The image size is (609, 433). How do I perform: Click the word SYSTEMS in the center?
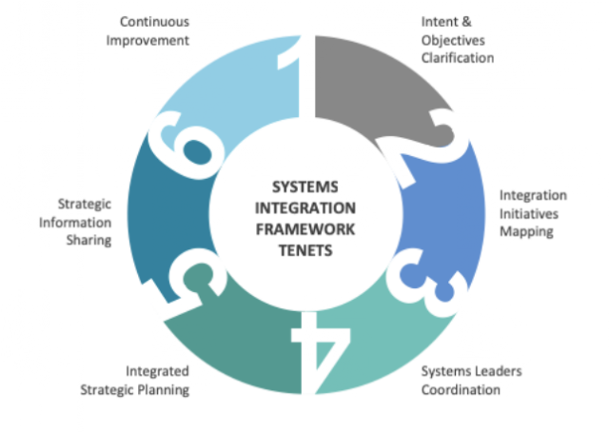[304, 187]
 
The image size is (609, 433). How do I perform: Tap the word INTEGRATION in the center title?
[305, 208]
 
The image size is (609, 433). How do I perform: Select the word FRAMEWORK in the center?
[305, 229]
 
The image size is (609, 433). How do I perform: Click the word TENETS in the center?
[305, 250]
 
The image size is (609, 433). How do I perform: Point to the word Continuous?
[154, 22]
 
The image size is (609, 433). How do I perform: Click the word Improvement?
[147, 40]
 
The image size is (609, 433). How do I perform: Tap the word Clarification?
[458, 58]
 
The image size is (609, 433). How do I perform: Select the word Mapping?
[526, 232]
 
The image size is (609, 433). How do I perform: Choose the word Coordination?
[461, 389]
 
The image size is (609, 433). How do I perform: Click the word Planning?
[164, 390]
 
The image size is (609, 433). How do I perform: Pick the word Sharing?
[88, 241]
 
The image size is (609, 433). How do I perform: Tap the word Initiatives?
[529, 213]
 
